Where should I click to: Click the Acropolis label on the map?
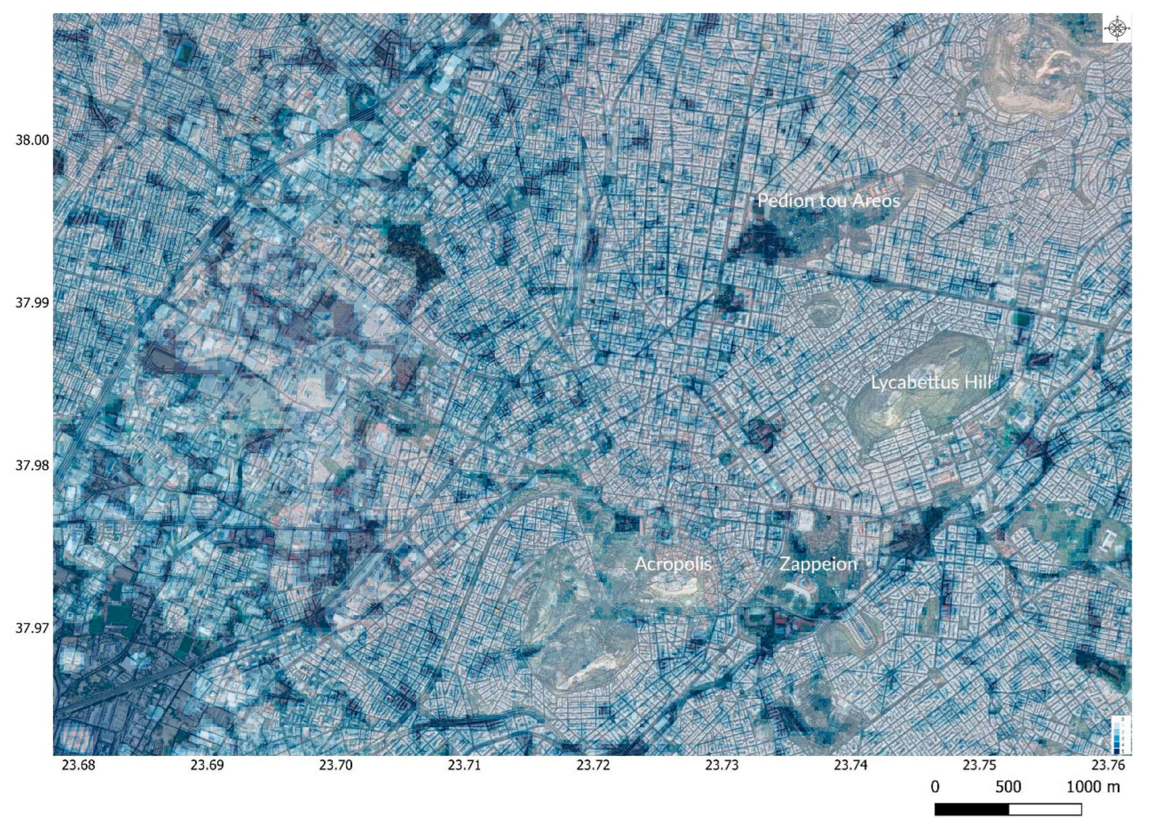[673, 564]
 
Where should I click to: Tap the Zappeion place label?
[818, 564]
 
